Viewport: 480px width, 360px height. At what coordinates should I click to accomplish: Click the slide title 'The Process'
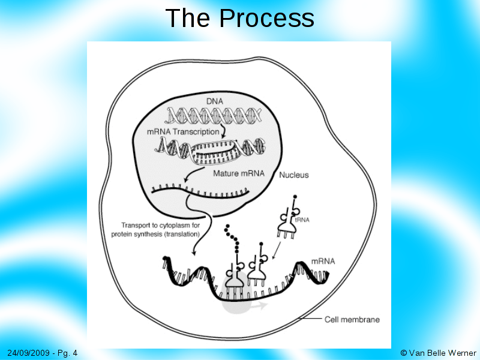(239, 18)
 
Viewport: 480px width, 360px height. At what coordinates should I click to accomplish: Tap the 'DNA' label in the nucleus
(215, 102)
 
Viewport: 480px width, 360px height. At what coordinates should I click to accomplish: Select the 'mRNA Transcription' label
(183, 131)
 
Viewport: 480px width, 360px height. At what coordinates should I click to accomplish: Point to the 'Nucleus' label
(294, 175)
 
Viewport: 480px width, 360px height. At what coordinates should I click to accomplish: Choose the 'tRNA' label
(302, 220)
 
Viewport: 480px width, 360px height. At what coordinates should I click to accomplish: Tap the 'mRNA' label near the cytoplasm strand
(323, 262)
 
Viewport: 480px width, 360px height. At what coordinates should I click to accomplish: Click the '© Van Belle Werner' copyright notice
(438, 353)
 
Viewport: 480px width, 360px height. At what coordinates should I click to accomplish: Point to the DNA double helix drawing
(215, 114)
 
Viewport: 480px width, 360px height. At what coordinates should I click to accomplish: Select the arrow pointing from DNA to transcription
(223, 129)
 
